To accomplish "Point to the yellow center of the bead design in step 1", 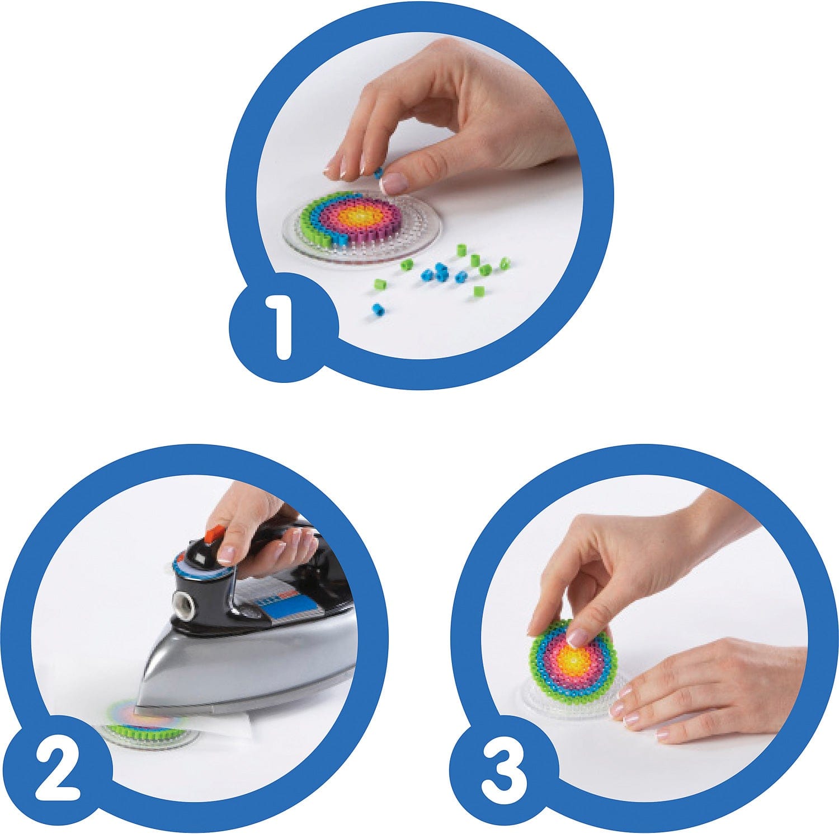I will [x=356, y=216].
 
